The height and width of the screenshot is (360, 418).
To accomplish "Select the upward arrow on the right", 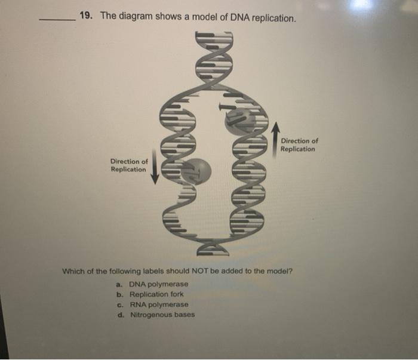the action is point(275,137).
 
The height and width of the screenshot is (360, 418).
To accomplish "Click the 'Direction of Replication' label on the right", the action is point(299,145).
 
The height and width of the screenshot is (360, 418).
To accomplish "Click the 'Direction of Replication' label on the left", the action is point(129,165).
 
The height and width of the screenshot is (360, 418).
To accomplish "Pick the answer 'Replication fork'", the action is point(156,294).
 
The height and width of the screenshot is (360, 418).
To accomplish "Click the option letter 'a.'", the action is point(120,284).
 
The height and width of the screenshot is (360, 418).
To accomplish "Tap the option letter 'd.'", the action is point(120,315).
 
